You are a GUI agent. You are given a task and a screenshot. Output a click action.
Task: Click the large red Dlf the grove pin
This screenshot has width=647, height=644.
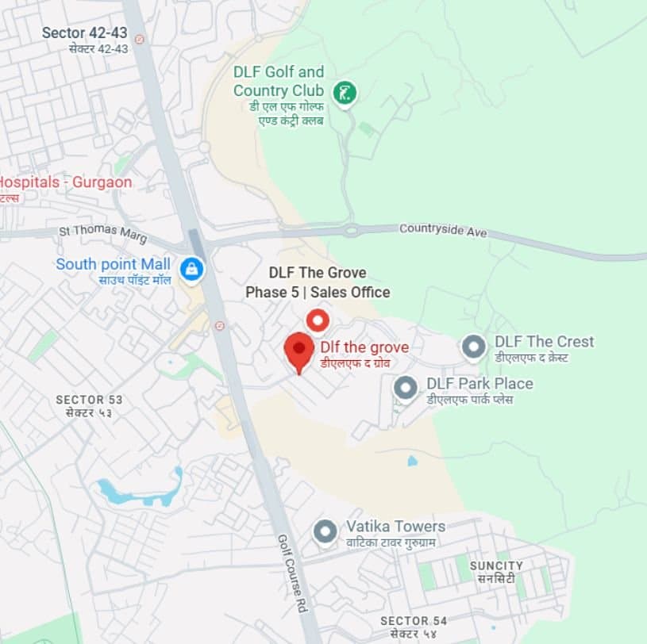click(299, 349)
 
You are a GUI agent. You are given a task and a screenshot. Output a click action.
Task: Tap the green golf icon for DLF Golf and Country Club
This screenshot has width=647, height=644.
click(344, 92)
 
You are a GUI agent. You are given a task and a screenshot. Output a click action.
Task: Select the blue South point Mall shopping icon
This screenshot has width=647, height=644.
click(191, 269)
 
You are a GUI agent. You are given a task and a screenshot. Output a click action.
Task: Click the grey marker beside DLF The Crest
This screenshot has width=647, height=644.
click(474, 347)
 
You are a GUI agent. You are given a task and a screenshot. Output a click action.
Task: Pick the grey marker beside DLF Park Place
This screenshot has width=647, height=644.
click(406, 389)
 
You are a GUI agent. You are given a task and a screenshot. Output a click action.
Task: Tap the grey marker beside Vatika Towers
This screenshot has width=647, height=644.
click(325, 531)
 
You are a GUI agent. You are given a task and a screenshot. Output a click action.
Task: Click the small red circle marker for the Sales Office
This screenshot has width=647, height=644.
click(318, 320)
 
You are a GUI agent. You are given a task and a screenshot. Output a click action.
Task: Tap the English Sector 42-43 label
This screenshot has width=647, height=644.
click(85, 33)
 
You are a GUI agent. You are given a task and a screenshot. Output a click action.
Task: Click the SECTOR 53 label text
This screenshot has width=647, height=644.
click(90, 400)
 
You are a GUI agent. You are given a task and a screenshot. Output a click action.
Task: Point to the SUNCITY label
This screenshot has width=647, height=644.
click(496, 565)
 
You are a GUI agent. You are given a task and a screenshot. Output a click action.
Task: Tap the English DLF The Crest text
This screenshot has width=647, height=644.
click(544, 342)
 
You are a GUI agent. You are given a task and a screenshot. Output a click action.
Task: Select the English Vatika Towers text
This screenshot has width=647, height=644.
click(395, 527)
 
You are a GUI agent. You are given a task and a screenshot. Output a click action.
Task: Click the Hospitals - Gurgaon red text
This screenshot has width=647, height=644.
click(65, 182)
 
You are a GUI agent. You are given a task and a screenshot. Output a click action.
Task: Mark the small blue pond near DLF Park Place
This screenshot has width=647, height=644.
click(411, 460)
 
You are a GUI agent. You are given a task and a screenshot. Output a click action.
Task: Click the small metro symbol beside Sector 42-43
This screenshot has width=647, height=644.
click(140, 39)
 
